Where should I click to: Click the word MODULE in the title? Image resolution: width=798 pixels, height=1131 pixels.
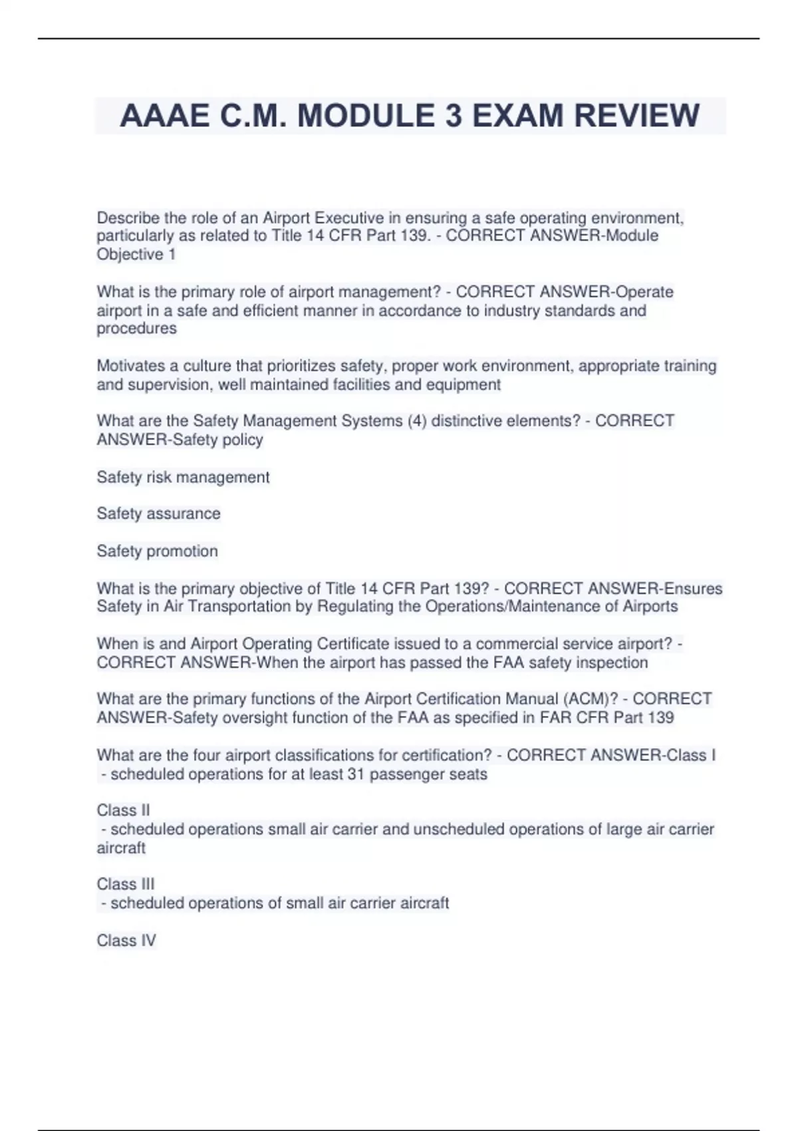pyautogui.click(x=366, y=116)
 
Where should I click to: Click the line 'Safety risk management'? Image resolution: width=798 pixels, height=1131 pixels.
pyautogui.click(x=183, y=477)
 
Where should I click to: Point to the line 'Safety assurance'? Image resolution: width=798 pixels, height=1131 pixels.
pyautogui.click(x=158, y=514)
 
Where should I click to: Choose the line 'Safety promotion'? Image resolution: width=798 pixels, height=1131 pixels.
pyautogui.click(x=157, y=551)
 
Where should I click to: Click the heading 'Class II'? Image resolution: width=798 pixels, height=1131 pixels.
pyautogui.click(x=123, y=810)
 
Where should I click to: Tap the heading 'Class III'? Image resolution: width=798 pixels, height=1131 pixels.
pyautogui.click(x=125, y=884)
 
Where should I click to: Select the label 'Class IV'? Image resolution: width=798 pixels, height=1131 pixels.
pyautogui.click(x=126, y=941)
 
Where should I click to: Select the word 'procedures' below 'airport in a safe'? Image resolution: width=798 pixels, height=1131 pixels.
pyautogui.click(x=136, y=329)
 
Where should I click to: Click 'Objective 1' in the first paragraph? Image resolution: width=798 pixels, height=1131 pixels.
pyautogui.click(x=136, y=254)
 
